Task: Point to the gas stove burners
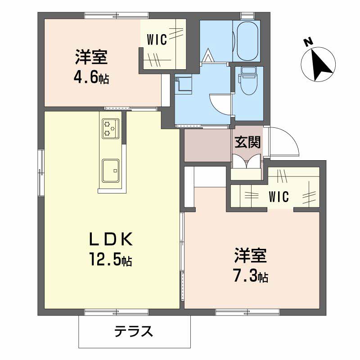coord(110,128)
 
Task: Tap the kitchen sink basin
coord(110,171)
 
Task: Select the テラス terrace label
coord(134,332)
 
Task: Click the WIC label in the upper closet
coord(157,40)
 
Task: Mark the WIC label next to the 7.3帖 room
coord(279,197)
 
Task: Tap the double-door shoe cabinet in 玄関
coord(247,162)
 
